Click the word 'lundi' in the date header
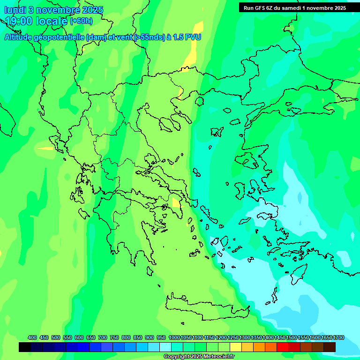[x=16, y=10]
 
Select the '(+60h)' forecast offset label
[x=81, y=21]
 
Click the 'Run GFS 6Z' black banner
[x=294, y=8]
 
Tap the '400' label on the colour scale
[x=32, y=337]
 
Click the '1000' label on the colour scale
[x=174, y=337]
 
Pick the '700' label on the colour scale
[x=103, y=337]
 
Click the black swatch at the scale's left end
[x=25, y=347]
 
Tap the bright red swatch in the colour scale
[x=283, y=347]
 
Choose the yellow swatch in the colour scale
[x=236, y=347]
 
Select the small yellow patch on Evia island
[x=177, y=203]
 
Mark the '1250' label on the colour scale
[x=233, y=337]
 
